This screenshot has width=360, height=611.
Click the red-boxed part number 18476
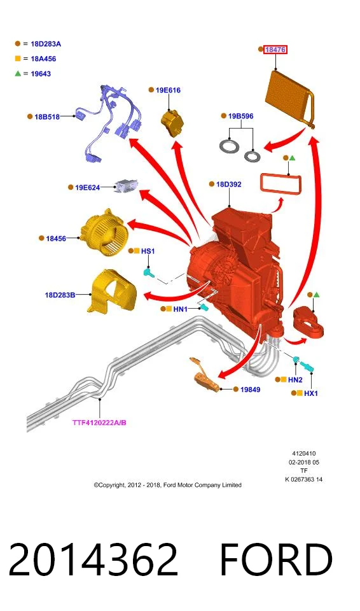pyautogui.click(x=275, y=50)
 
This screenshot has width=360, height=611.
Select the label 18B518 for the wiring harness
pyautogui.click(x=47, y=116)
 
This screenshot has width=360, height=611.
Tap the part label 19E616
pyautogui.click(x=168, y=90)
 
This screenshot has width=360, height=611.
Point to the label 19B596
pyautogui.click(x=240, y=116)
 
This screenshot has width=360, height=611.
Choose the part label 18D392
pyautogui.click(x=229, y=184)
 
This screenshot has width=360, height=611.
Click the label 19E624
pyautogui.click(x=87, y=187)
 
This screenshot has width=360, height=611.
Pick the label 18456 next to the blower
pyautogui.click(x=56, y=238)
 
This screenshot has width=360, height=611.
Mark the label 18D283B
pyautogui.click(x=60, y=295)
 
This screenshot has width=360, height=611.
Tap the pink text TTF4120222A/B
pyautogui.click(x=99, y=423)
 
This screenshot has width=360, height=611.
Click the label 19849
pyautogui.click(x=250, y=390)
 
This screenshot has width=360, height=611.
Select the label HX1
pyautogui.click(x=310, y=393)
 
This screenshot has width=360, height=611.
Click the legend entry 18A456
pyautogui.click(x=43, y=59)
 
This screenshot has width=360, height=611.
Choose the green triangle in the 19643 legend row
pyautogui.click(x=18, y=73)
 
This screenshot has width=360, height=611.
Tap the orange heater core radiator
pyautogui.click(x=291, y=98)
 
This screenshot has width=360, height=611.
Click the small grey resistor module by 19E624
pyautogui.click(x=125, y=185)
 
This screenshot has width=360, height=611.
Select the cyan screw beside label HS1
pyautogui.click(x=148, y=272)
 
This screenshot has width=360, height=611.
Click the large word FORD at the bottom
pyautogui.click(x=276, y=559)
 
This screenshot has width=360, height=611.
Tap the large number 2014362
pyautogui.click(x=93, y=559)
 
